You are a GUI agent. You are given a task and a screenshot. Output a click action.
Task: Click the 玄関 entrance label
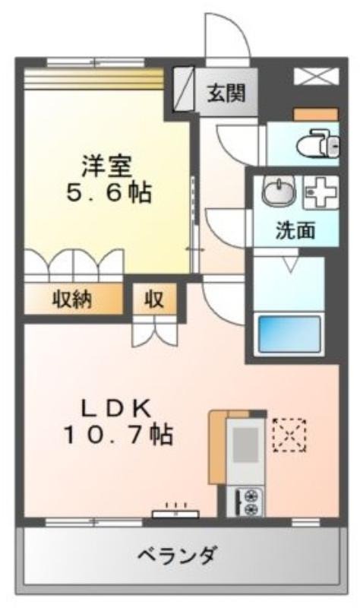pos(226,93)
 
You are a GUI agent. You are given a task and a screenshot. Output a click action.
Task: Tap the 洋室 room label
pos(106,166)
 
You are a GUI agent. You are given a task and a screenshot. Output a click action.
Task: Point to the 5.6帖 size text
pos(109,192)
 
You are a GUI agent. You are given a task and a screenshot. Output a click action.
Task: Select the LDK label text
pos(115,409)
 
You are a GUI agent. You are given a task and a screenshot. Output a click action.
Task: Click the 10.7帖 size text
pos(118,434)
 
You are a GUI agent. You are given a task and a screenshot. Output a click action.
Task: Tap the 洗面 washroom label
pos(295,230)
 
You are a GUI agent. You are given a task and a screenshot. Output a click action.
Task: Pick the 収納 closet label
pos(72,299)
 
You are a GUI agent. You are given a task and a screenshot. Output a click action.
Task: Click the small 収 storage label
pos(154,299)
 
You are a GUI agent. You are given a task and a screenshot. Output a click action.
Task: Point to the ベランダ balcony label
pos(177,556)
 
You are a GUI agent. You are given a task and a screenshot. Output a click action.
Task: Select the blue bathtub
pos(289,334)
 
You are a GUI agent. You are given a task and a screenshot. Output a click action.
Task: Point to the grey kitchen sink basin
pos(245,445)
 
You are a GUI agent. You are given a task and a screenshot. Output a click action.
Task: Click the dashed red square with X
pos(289,435)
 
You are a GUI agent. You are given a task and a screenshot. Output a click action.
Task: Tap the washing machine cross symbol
pos(321,192)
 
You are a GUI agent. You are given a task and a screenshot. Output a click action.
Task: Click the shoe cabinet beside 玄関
pos(182,89)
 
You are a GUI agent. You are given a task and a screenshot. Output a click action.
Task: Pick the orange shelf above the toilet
pos(316,115)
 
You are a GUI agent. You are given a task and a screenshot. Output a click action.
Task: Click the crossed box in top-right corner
pos(317,75)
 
